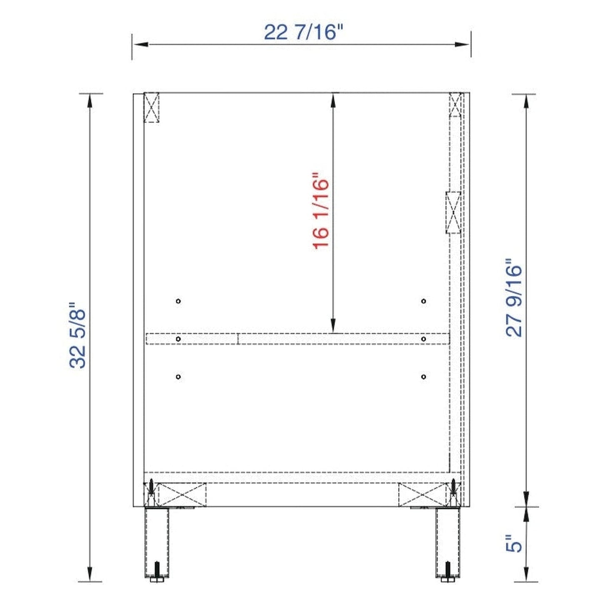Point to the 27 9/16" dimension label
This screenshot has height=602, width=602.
[x=514, y=298]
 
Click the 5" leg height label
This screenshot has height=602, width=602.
[x=514, y=544]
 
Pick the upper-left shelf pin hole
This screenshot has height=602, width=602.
[x=178, y=301]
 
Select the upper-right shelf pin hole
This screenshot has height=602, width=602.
[x=423, y=301]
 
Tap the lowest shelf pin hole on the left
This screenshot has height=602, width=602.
[x=178, y=377]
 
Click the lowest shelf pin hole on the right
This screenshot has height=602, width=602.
[x=423, y=377]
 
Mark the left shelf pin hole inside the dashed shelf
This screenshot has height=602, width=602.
[x=178, y=339]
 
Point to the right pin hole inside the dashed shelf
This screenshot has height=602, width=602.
[x=423, y=339]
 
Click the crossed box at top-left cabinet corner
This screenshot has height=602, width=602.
[x=151, y=107]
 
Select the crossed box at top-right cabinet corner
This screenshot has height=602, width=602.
[x=456, y=104]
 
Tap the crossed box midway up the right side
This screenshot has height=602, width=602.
[x=453, y=212]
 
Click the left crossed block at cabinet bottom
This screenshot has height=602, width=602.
[x=182, y=495]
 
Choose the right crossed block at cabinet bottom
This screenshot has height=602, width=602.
[x=422, y=495]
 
